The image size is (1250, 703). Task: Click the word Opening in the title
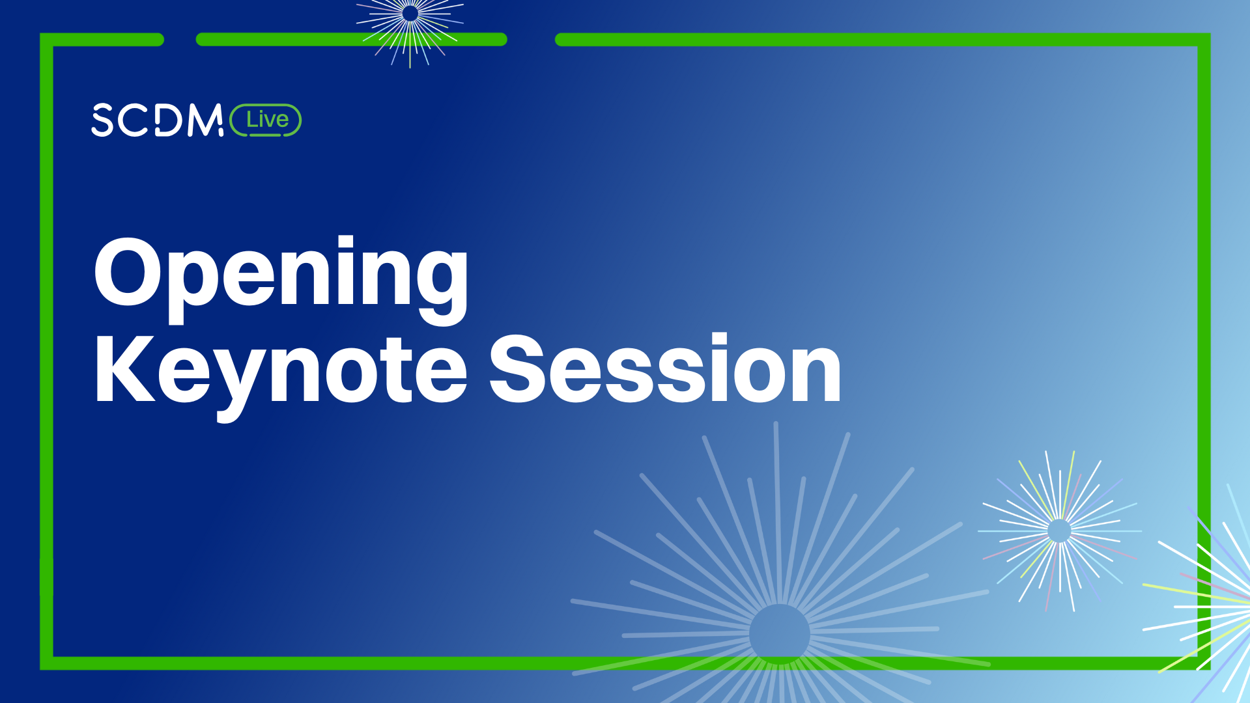[x=281, y=280]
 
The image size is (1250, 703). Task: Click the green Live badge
[x=266, y=120]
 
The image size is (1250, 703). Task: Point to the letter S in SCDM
[x=103, y=120]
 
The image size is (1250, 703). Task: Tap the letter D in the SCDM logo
[x=169, y=120]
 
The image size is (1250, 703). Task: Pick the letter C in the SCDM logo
[x=135, y=120]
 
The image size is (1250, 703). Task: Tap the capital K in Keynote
[x=126, y=369]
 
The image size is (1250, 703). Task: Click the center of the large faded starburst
[x=780, y=634]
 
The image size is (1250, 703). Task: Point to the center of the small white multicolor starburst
[x=1059, y=531]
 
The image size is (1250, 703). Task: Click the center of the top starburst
[x=410, y=13]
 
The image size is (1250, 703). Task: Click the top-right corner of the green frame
[x=1204, y=40]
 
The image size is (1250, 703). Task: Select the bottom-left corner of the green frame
[x=47, y=663]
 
